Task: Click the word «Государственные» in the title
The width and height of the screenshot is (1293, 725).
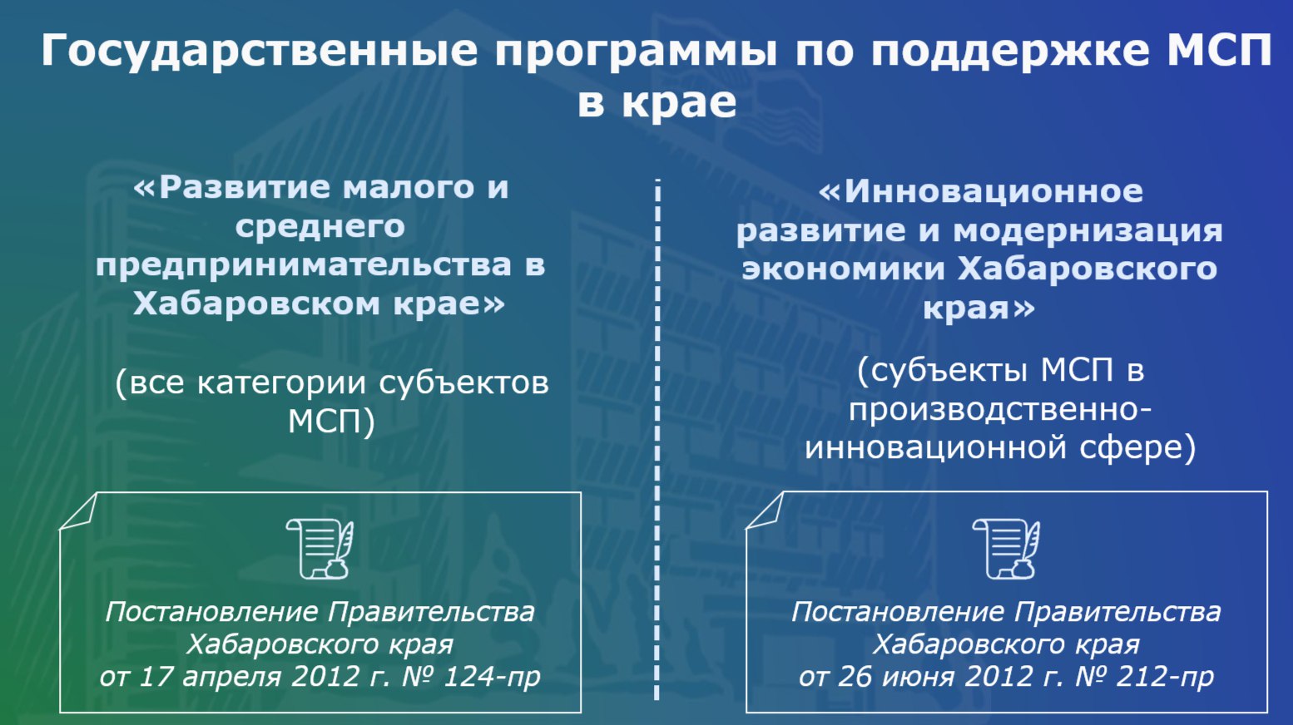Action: (x=259, y=52)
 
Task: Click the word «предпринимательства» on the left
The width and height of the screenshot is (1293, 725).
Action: (x=305, y=266)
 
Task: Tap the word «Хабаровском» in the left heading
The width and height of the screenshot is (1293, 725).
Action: (x=258, y=303)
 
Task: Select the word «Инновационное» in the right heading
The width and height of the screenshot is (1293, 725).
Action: (x=993, y=191)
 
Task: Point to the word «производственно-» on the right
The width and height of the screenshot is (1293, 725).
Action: (x=1000, y=410)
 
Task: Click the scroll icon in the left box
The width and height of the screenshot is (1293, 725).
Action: (x=320, y=549)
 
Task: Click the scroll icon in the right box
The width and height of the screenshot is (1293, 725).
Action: (x=1006, y=549)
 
